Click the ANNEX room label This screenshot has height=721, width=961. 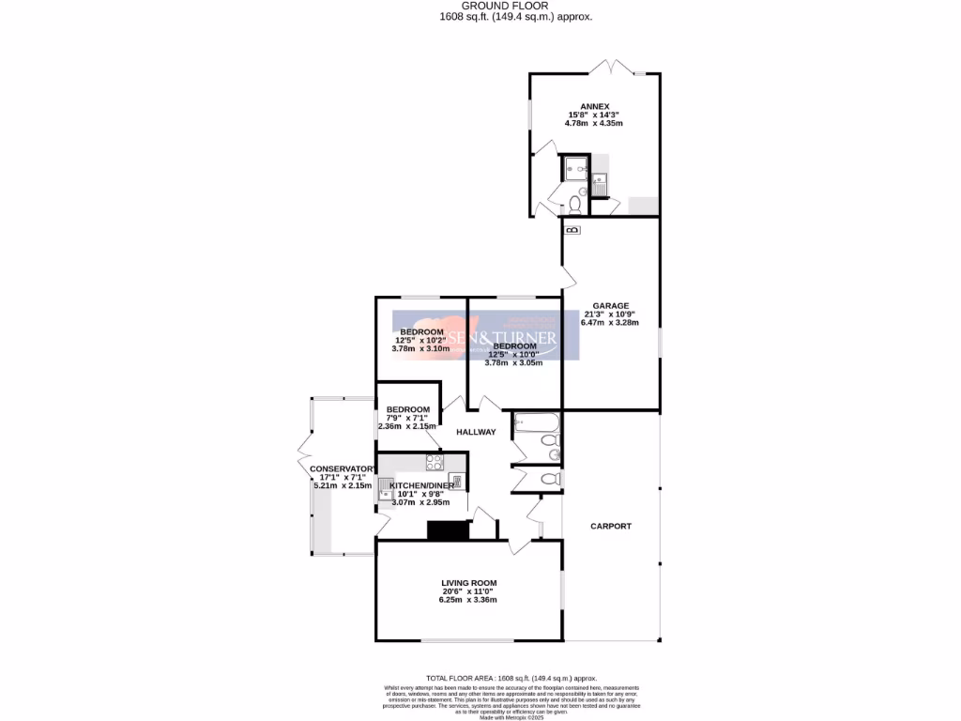pos(595,106)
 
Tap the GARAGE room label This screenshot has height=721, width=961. pos(610,305)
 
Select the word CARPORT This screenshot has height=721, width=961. pos(610,526)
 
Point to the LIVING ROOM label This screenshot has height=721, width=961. pos(468,583)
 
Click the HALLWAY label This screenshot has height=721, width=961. pos(475,432)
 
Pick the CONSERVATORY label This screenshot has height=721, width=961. pos(343,468)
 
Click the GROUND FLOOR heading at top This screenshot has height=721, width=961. pos(516,6)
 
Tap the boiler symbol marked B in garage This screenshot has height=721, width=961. pos(572,229)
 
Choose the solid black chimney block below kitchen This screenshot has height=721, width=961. pos(448,530)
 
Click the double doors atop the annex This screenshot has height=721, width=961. pos(609,68)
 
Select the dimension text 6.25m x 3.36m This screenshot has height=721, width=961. pos(468,600)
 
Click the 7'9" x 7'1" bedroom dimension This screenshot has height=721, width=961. pos(406,418)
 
